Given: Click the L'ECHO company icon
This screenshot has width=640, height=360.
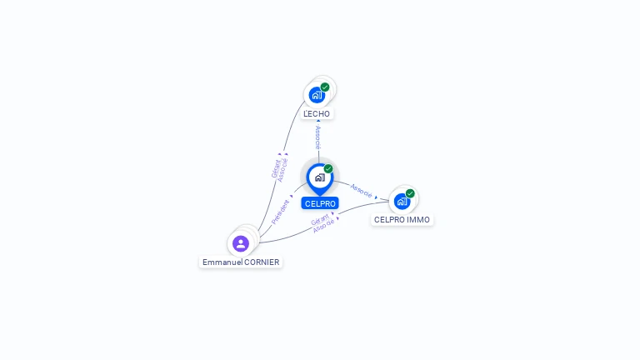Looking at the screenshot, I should click(317, 94).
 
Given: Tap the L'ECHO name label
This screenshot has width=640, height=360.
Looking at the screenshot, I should click(317, 113).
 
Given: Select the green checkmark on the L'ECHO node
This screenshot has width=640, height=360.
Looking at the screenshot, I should click(325, 87).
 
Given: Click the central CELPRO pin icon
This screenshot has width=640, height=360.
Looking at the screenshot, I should click(319, 177).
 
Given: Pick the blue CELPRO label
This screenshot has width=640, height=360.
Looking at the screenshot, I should click(320, 203).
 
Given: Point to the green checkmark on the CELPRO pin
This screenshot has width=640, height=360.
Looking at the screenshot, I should click(328, 168).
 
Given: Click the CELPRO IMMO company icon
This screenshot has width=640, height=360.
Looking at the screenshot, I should click(402, 201).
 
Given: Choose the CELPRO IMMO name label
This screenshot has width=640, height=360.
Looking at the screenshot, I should click(402, 220).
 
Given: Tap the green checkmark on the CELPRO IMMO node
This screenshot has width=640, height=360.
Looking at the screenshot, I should click(410, 193).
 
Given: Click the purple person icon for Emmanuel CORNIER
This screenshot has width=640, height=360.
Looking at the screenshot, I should click(241, 243).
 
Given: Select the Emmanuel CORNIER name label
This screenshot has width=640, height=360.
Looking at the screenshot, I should click(241, 262).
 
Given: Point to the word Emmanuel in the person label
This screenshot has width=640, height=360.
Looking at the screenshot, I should click(222, 262).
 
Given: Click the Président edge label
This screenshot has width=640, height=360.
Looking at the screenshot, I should click(281, 212).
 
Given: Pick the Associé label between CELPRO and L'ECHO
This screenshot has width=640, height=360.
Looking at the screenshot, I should click(317, 137).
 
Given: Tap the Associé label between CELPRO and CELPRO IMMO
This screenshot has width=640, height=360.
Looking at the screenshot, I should click(362, 190).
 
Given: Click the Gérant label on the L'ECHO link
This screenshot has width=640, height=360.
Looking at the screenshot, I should click(276, 167).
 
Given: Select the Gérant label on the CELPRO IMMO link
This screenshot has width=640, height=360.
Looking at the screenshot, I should click(319, 220).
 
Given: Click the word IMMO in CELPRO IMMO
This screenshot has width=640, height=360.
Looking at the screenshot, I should click(419, 220).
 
